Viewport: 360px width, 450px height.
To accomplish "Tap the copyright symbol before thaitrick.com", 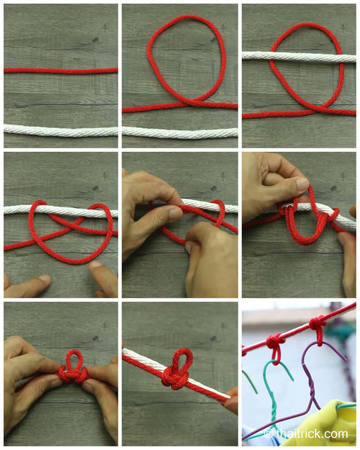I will (269, 434).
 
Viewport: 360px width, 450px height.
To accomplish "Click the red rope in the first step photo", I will (61, 71).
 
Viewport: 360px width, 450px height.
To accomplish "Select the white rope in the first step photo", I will (61, 131).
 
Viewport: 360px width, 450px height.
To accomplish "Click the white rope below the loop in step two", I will (180, 132).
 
